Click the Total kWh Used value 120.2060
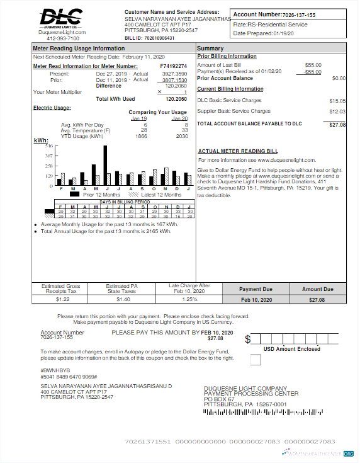(x=176, y=99)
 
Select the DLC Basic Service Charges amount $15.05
(x=337, y=101)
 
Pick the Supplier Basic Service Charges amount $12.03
(x=337, y=111)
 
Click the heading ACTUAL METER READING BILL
(x=237, y=151)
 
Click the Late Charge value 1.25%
(x=189, y=299)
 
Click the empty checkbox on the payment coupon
(x=255, y=360)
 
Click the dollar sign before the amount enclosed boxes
(x=248, y=339)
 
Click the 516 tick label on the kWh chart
(x=48, y=146)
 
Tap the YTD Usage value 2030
(x=182, y=136)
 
